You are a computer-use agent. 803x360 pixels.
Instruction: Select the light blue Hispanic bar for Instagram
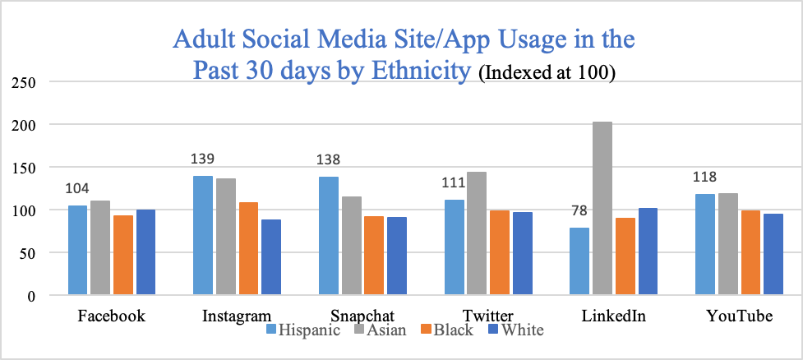[x=203, y=235]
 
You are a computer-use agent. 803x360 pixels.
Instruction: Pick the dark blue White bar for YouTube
[x=772, y=254]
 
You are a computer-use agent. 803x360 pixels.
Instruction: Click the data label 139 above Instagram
[x=203, y=159]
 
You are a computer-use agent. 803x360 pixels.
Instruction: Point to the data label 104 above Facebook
[x=77, y=188]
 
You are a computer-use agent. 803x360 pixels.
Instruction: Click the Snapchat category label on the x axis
[x=363, y=316]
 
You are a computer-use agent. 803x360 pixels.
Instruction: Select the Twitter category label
[x=488, y=316]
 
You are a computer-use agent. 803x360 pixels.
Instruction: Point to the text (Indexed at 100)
[x=547, y=72]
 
